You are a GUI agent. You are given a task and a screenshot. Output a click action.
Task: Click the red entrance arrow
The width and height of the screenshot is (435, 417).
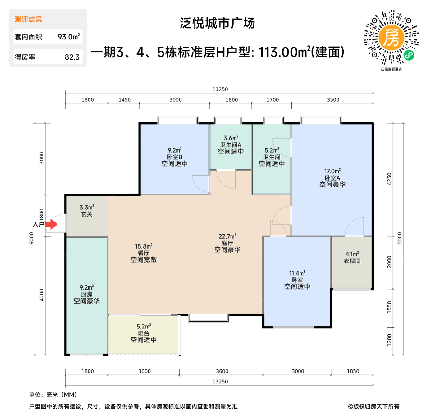click(x=51, y=224)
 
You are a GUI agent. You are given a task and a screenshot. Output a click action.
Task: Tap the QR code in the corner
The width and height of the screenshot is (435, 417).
click(x=391, y=38)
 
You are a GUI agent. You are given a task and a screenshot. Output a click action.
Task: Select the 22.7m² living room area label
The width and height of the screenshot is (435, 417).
click(x=227, y=236)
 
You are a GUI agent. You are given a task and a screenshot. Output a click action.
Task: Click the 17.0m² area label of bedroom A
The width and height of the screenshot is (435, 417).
click(x=332, y=171)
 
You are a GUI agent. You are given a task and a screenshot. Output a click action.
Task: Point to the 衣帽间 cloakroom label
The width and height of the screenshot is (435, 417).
click(x=352, y=261)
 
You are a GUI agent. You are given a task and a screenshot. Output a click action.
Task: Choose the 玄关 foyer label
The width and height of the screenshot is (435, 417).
click(x=87, y=214)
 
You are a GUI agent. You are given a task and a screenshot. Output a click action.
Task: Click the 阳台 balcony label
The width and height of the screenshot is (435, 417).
click(x=144, y=333)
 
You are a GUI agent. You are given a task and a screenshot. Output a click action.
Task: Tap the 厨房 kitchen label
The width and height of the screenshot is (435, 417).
click(x=87, y=294)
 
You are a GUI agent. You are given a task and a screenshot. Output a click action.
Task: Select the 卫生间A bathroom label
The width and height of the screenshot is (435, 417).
click(x=231, y=145)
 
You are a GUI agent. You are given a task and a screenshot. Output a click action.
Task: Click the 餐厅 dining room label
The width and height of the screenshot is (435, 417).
click(x=144, y=253)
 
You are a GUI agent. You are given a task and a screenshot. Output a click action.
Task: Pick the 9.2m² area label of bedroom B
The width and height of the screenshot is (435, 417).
click(x=174, y=150)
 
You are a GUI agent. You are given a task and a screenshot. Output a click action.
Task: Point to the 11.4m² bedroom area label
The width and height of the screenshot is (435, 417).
click(x=297, y=273)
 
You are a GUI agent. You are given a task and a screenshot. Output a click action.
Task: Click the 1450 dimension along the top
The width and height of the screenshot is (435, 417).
click(x=125, y=100)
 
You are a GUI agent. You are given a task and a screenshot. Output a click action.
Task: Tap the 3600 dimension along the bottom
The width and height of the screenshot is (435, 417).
click(x=222, y=371)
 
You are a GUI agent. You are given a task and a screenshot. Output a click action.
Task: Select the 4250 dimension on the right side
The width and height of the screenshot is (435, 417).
click(x=389, y=179)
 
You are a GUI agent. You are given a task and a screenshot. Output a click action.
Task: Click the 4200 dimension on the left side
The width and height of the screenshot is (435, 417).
click(x=42, y=295)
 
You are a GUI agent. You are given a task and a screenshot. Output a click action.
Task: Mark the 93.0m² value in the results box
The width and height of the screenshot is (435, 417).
click(x=69, y=37)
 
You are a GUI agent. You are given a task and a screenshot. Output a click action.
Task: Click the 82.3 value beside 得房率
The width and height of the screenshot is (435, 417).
click(x=72, y=57)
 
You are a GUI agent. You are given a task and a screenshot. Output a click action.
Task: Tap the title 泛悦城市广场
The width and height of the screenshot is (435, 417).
click(x=217, y=23)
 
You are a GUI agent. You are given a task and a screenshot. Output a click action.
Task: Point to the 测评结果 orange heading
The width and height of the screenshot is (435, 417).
click(x=28, y=20)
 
